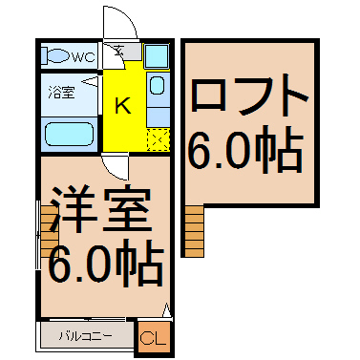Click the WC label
pyautogui.click(x=83, y=57)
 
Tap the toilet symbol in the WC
pyautogui.click(x=56, y=56)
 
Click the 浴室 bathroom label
pyautogui.click(x=61, y=92)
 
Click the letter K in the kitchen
pyautogui.click(x=122, y=106)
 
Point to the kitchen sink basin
pyautogui.click(x=157, y=85)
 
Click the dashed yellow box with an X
pyautogui.click(x=158, y=139)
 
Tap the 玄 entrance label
pyautogui.click(x=119, y=51)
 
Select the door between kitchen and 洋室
pyautogui.click(x=116, y=166)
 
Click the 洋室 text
pyautogui.click(x=100, y=209)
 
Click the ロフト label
pyautogui.click(x=250, y=95)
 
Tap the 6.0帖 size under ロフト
pyautogui.click(x=245, y=150)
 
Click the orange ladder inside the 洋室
pyautogui.click(x=50, y=231)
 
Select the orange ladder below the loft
pyautogui.click(x=194, y=231)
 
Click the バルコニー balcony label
pyautogui.click(x=85, y=336)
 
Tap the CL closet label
pyautogui.click(x=153, y=338)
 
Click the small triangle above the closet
pyautogui.click(x=166, y=310)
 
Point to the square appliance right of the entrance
pyautogui.click(x=157, y=56)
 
